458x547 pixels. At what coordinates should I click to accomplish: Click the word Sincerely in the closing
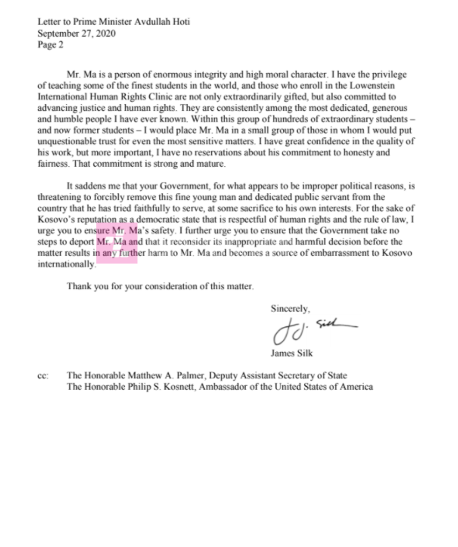[290, 308]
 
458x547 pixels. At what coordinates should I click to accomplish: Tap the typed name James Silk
[292, 353]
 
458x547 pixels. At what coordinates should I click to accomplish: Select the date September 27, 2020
[77, 33]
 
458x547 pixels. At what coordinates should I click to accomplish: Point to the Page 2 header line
[50, 45]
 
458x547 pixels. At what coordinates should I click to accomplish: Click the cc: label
[43, 376]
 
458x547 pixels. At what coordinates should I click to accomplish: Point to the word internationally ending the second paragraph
[66, 264]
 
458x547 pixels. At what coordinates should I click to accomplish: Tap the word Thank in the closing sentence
[79, 286]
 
